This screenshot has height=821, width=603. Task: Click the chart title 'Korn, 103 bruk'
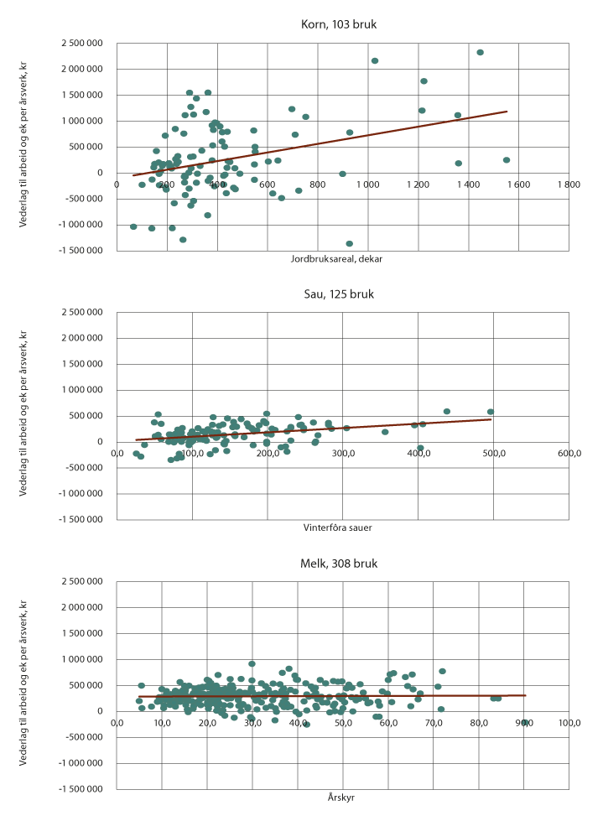[339, 24]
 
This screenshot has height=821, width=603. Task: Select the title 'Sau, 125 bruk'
[339, 294]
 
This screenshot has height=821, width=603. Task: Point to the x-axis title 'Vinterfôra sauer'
[338, 527]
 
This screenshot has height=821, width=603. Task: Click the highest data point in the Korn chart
[480, 52]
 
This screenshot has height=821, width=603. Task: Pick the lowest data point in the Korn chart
[350, 244]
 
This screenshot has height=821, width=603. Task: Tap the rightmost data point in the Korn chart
[507, 160]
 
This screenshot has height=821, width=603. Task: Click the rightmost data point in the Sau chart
[491, 412]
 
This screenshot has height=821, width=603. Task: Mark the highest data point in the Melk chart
[252, 663]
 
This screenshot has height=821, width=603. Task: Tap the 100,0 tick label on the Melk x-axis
[569, 723]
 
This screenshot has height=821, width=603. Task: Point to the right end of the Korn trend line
[507, 111]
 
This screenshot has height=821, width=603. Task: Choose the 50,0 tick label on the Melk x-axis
[343, 723]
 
